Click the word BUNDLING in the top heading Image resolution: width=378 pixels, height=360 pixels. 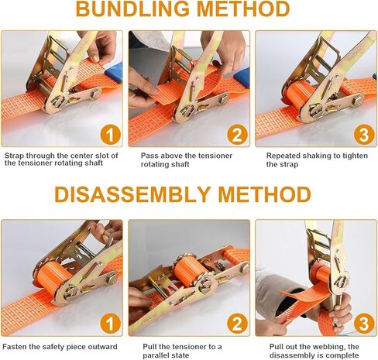pos(132,9)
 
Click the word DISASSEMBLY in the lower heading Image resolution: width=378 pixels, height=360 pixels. pos(132,194)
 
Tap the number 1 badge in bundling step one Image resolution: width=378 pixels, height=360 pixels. pos(111,135)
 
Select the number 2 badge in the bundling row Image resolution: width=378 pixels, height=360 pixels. pos(237,135)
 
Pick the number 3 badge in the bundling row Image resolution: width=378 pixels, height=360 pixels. pos(364,135)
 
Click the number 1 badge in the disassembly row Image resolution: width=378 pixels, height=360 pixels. pos(111,324)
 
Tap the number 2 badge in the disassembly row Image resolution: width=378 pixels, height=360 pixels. pos(237,324)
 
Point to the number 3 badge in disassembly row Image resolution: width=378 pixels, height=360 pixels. pos(364,324)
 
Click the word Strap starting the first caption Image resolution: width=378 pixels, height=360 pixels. pos(14,156)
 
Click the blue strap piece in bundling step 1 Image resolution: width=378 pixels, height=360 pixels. pos(114,73)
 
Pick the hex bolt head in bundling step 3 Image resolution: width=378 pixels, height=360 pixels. pos(359,100)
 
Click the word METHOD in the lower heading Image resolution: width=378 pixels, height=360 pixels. pos(265,194)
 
